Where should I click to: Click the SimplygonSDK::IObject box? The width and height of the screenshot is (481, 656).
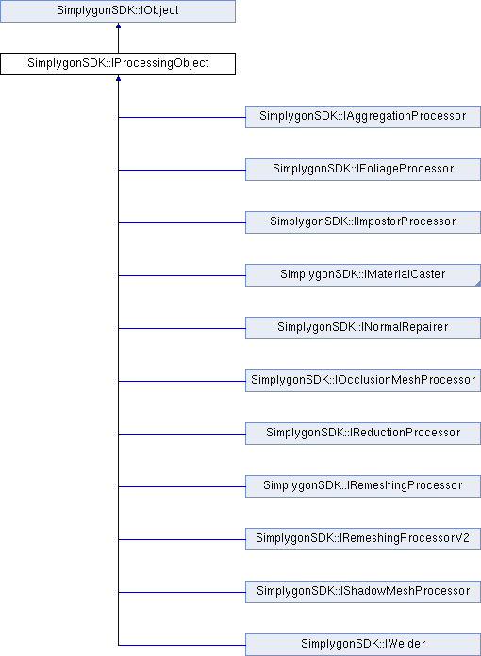click(x=118, y=11)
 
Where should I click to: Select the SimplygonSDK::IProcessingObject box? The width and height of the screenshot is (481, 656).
click(x=118, y=64)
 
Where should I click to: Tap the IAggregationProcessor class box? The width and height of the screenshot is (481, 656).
click(x=363, y=117)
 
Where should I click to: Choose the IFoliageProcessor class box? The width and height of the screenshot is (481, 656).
click(x=363, y=170)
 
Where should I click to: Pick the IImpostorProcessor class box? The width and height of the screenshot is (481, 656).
click(x=363, y=222)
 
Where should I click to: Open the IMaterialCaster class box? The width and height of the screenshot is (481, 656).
click(x=363, y=275)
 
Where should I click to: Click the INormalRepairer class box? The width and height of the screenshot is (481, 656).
click(x=363, y=328)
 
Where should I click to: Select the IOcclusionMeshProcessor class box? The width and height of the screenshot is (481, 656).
click(x=363, y=380)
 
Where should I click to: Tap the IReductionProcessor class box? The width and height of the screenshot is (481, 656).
click(x=363, y=433)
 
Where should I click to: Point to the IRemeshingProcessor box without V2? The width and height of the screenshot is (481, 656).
click(x=363, y=485)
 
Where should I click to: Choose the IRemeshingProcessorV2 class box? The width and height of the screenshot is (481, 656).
click(x=363, y=538)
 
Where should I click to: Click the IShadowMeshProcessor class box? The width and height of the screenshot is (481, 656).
click(x=363, y=591)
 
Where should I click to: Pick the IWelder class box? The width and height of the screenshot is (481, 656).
click(x=363, y=645)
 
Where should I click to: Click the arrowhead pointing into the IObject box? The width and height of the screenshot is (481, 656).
click(x=119, y=26)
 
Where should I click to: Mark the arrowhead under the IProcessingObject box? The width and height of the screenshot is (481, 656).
click(x=119, y=78)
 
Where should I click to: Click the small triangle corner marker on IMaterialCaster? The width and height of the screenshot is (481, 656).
click(x=478, y=284)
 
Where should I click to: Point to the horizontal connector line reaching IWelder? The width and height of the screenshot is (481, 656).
click(x=182, y=645)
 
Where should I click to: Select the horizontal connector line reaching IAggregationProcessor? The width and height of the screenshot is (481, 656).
click(x=182, y=117)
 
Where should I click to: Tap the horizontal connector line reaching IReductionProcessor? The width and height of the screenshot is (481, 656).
click(x=182, y=434)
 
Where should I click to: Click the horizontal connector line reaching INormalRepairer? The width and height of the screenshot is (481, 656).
click(x=182, y=328)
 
